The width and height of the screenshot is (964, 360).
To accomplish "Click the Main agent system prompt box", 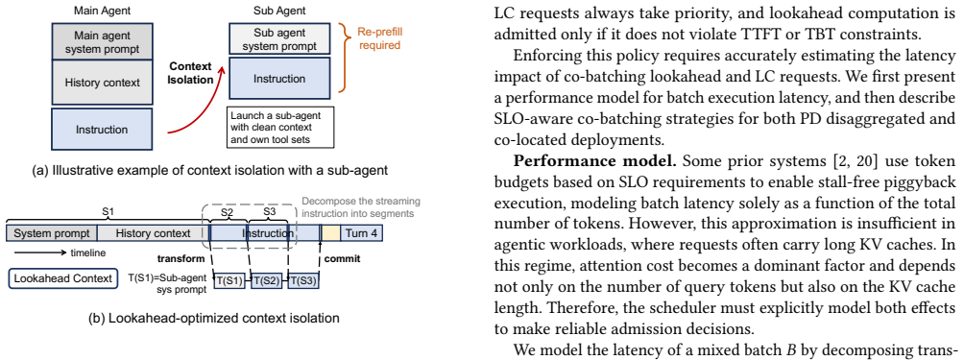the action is pos(103,40).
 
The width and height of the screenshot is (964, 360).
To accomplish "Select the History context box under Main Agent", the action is pos(103,82).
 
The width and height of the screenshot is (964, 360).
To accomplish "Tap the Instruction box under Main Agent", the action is pos(103,130).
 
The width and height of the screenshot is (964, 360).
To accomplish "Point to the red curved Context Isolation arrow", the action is pos(198,105).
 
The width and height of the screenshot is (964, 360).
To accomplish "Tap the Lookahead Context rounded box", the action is pos(62,278).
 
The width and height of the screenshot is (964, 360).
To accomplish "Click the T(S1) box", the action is pos(229,280).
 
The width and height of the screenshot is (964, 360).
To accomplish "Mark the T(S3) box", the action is pos(303,280).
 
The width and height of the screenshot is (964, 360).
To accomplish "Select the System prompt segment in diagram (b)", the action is pos(52,233).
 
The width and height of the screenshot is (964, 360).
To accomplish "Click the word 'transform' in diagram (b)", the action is pos(181,258).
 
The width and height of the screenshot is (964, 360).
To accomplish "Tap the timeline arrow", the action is pos(39,252).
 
